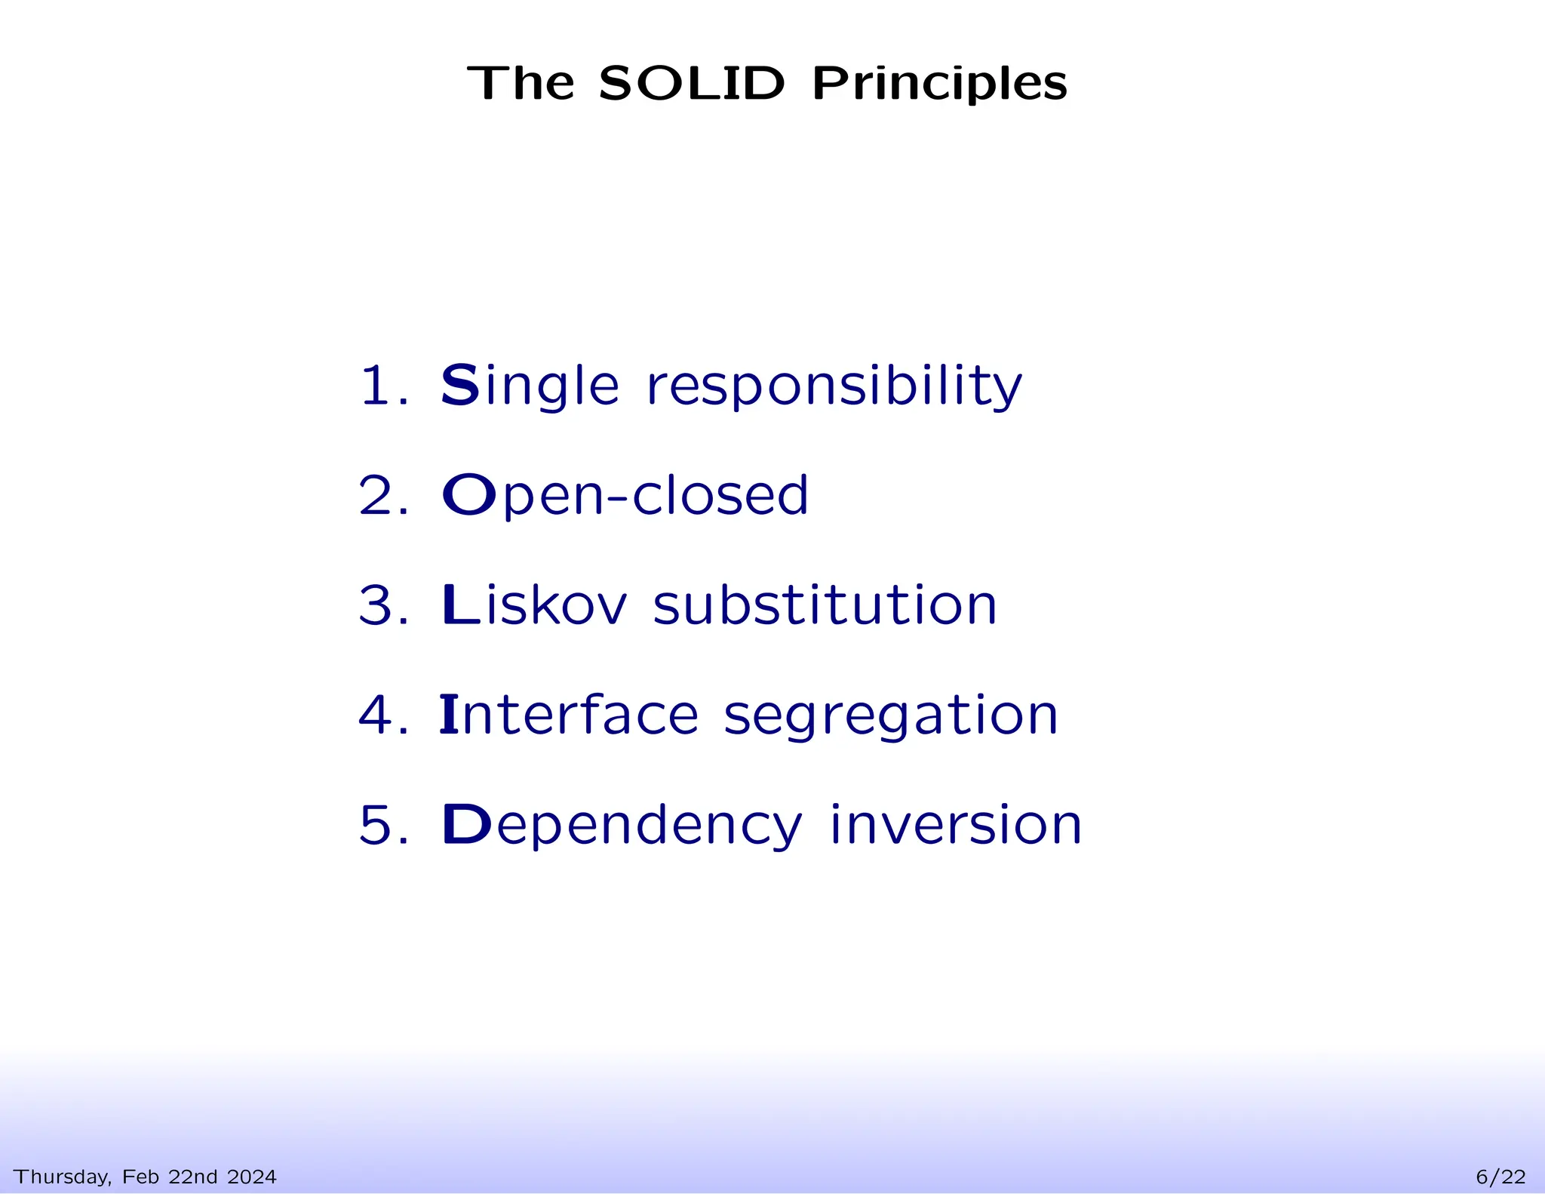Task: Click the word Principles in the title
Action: (939, 85)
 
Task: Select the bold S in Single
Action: (459, 385)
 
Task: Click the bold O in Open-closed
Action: (468, 495)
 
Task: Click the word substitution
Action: (825, 605)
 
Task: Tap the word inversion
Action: (955, 824)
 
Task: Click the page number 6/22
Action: (1500, 1177)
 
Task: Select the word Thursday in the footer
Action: (62, 1177)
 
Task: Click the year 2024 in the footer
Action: (251, 1177)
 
